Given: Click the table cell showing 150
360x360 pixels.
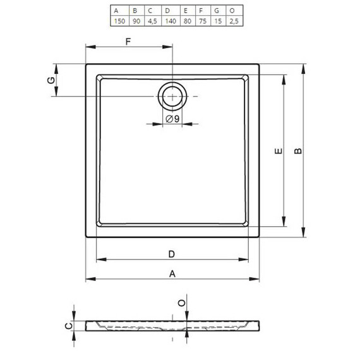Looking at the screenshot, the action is point(119,21).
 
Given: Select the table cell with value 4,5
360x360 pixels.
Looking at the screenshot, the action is point(152,21).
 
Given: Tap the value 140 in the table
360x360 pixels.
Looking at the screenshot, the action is point(171,21).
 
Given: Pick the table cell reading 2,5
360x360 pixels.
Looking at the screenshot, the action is point(234,21).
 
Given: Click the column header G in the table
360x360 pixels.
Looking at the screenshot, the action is point(217,11).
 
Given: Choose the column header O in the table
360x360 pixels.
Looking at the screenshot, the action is point(232,11).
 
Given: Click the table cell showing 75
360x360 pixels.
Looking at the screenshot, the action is point(203,21).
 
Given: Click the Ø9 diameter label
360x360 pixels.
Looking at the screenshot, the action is point(172,119).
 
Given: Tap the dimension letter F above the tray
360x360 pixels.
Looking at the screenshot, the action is point(128,42).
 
